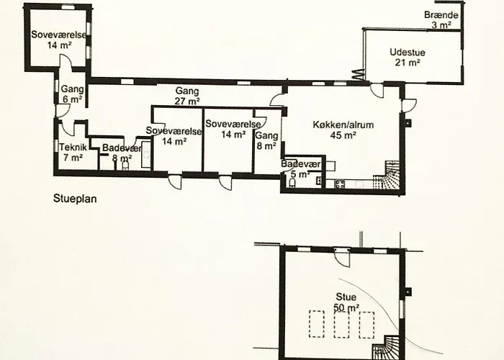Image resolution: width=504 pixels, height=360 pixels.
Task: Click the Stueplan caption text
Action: point(75,199)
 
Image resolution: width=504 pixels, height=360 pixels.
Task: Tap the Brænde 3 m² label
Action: point(441,19)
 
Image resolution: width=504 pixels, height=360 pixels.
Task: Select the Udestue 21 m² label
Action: point(408,57)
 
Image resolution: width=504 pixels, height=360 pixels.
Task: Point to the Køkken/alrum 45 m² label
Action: point(343,130)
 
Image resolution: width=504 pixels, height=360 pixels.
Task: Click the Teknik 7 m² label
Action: point(73,153)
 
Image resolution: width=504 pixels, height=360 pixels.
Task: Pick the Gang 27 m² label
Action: point(187,96)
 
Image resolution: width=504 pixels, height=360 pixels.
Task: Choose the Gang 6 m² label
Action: point(72,94)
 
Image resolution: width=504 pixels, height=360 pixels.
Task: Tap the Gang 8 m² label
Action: point(266,141)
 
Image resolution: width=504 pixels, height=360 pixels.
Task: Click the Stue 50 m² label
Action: point(346,302)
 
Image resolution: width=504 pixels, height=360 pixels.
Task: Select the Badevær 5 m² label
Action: point(300,169)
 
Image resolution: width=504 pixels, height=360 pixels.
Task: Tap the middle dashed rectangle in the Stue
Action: point(342,324)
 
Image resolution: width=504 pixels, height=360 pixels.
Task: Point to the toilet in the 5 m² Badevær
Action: point(292,183)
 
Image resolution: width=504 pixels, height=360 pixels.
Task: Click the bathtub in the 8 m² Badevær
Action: point(147,155)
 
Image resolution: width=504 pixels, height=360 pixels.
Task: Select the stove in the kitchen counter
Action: point(340,184)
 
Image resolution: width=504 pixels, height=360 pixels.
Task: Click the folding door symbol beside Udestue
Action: point(359,75)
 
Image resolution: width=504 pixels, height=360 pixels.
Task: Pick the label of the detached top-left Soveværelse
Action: point(59,40)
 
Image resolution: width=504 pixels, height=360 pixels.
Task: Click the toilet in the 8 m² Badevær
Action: point(125,166)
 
